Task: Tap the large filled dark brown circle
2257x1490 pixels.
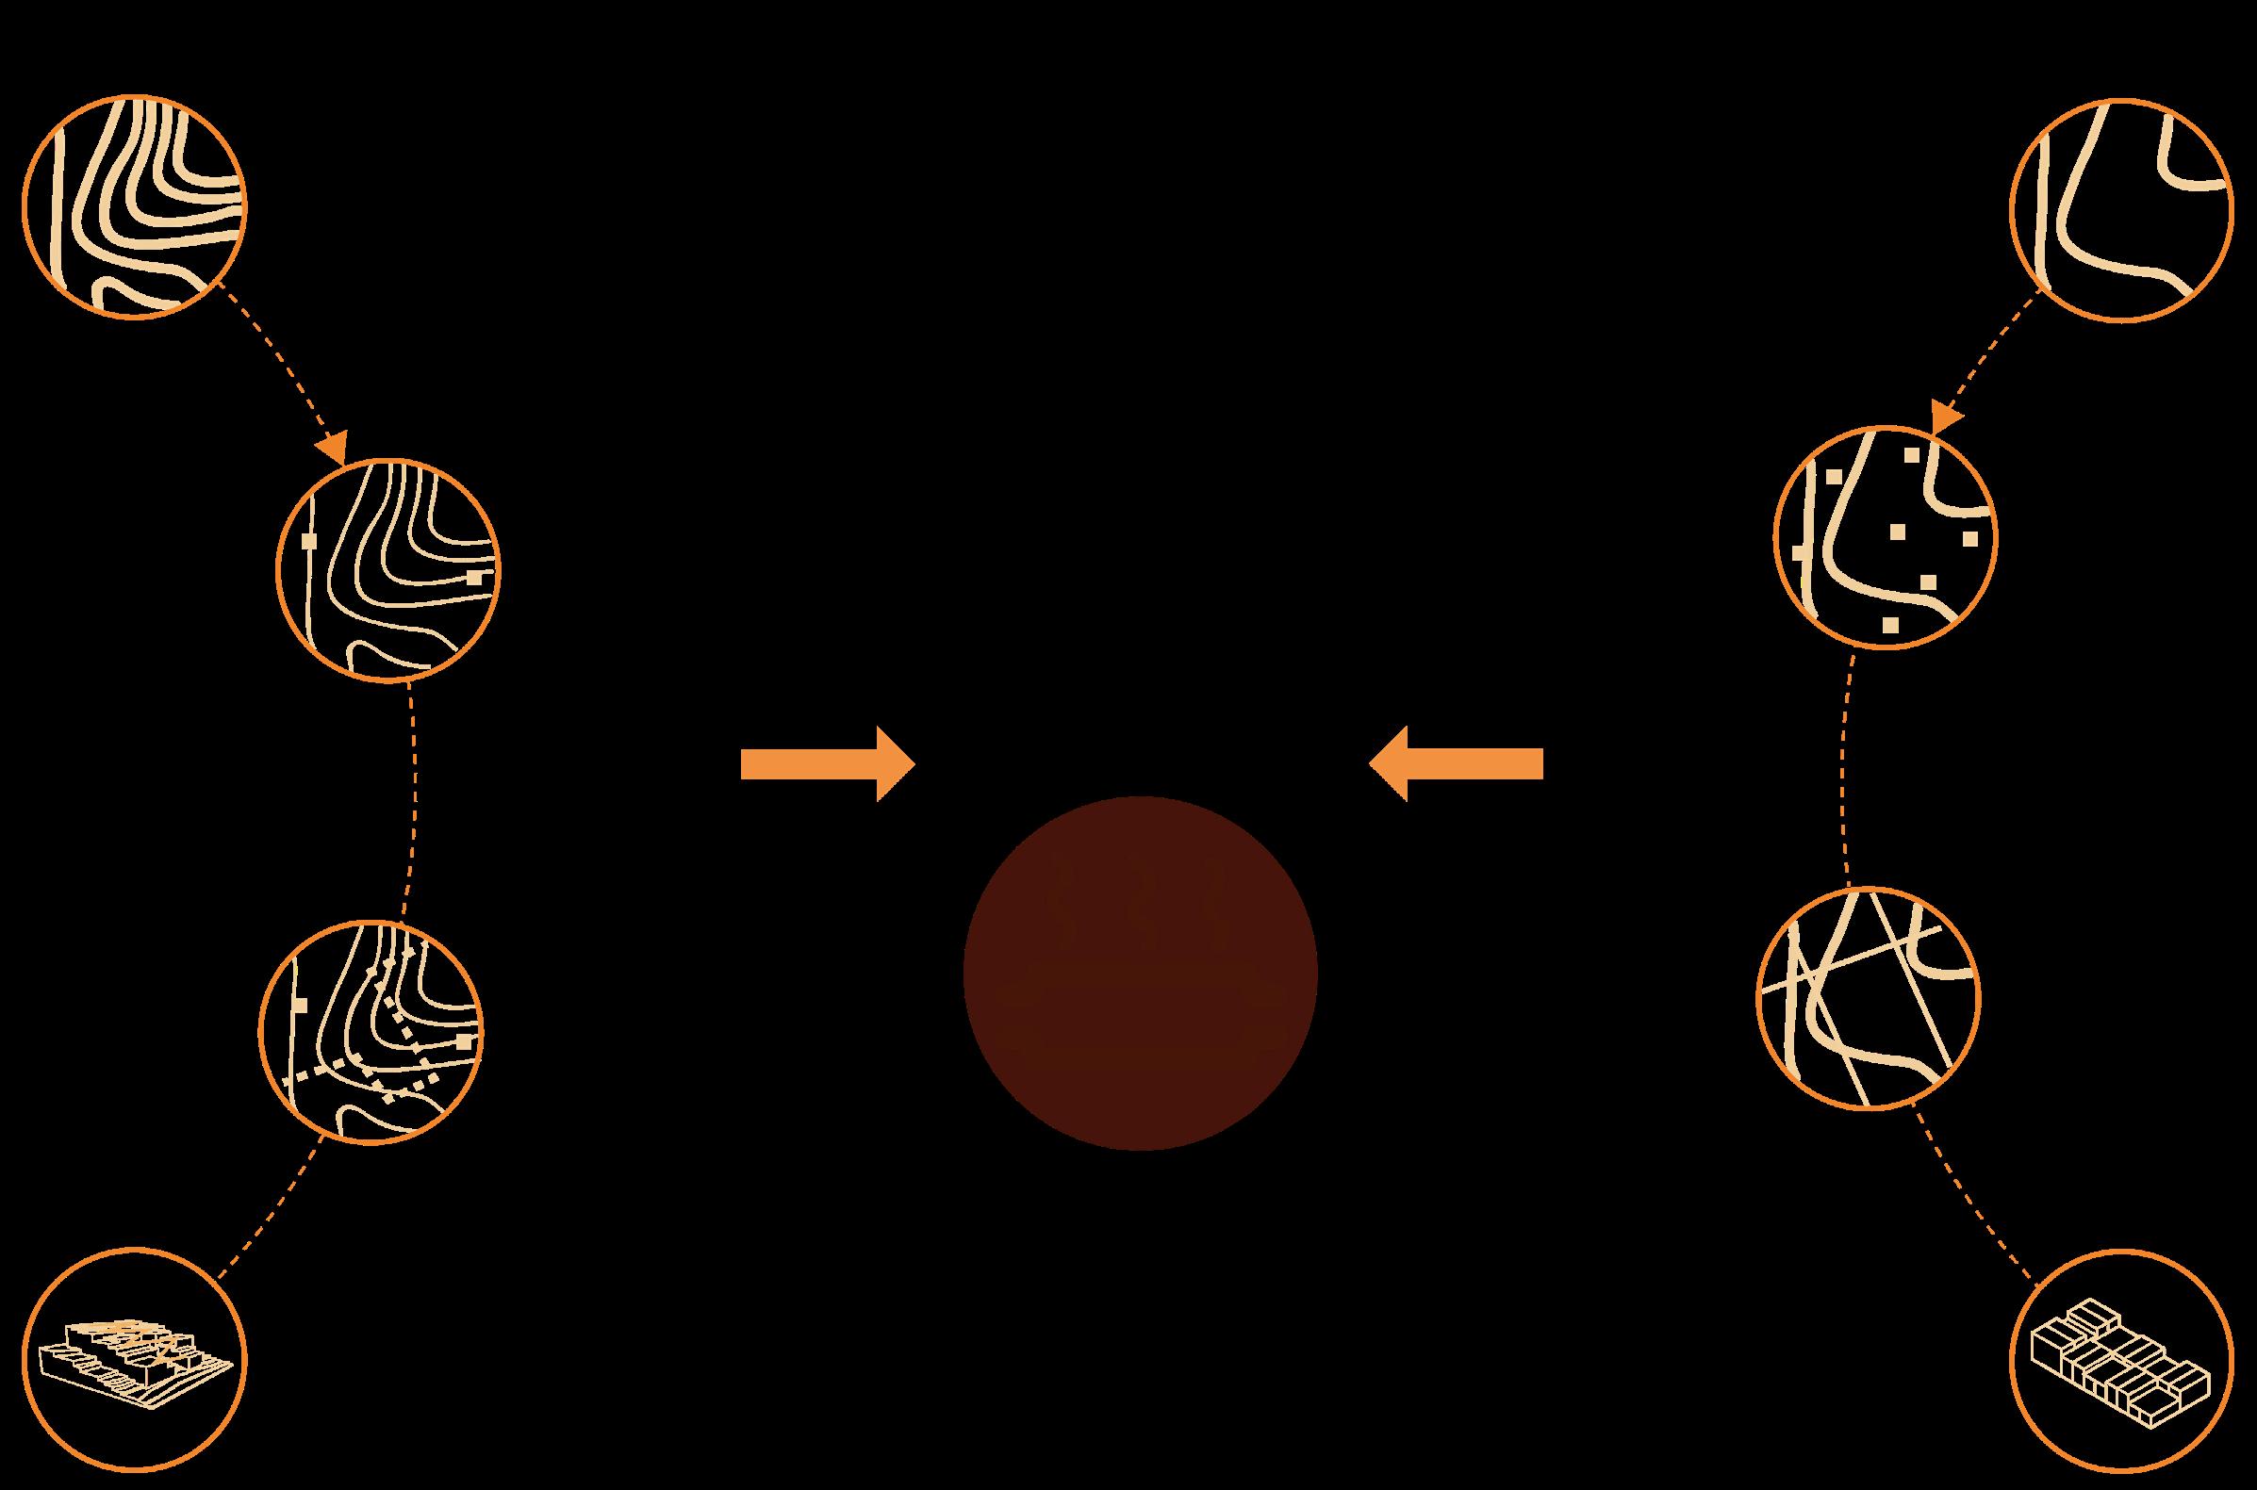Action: pyautogui.click(x=1140, y=973)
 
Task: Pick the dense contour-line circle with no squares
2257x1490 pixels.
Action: pyautogui.click(x=134, y=206)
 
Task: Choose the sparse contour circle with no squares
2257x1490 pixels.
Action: pyautogui.click(x=2120, y=210)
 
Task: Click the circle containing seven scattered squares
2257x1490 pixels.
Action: pyautogui.click(x=1886, y=538)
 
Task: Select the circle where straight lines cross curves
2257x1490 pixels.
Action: pyautogui.click(x=1869, y=999)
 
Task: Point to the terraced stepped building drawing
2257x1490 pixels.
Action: pyautogui.click(x=134, y=1359)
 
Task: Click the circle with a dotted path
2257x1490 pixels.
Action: pyautogui.click(x=371, y=1031)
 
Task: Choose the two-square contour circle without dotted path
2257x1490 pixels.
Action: pyautogui.click(x=387, y=570)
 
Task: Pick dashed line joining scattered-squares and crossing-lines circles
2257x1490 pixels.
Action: pyautogui.click(x=1847, y=770)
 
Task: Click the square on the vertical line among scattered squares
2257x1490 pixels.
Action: pyautogui.click(x=1799, y=552)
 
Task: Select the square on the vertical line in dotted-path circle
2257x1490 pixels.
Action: pyautogui.click(x=302, y=1004)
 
